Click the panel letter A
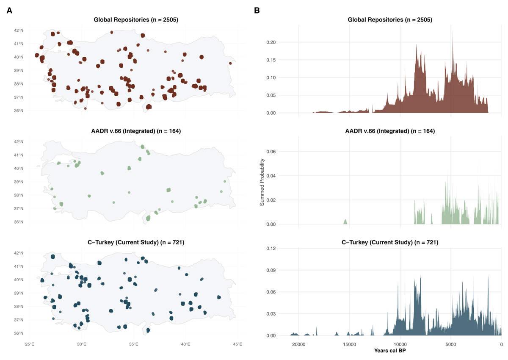tap(9, 11)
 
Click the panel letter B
tap(257, 11)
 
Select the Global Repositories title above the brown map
tap(136, 20)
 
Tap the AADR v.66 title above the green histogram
tap(390, 131)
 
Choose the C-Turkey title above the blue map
tap(136, 243)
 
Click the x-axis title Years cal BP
tap(390, 351)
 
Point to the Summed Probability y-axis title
tap(262, 182)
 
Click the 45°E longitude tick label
tap(237, 344)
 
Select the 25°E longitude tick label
tap(30, 344)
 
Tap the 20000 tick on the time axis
tap(298, 344)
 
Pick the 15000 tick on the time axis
tap(349, 344)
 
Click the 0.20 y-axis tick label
tap(271, 42)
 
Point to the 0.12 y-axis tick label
tap(271, 248)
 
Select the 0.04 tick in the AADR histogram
tap(271, 176)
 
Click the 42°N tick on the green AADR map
tap(19, 142)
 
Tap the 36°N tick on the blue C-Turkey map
tap(19, 333)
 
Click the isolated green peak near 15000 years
tap(345, 222)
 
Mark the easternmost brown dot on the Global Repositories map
tap(230, 63)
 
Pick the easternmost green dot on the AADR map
tap(225, 181)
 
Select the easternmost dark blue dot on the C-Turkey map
tap(219, 297)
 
